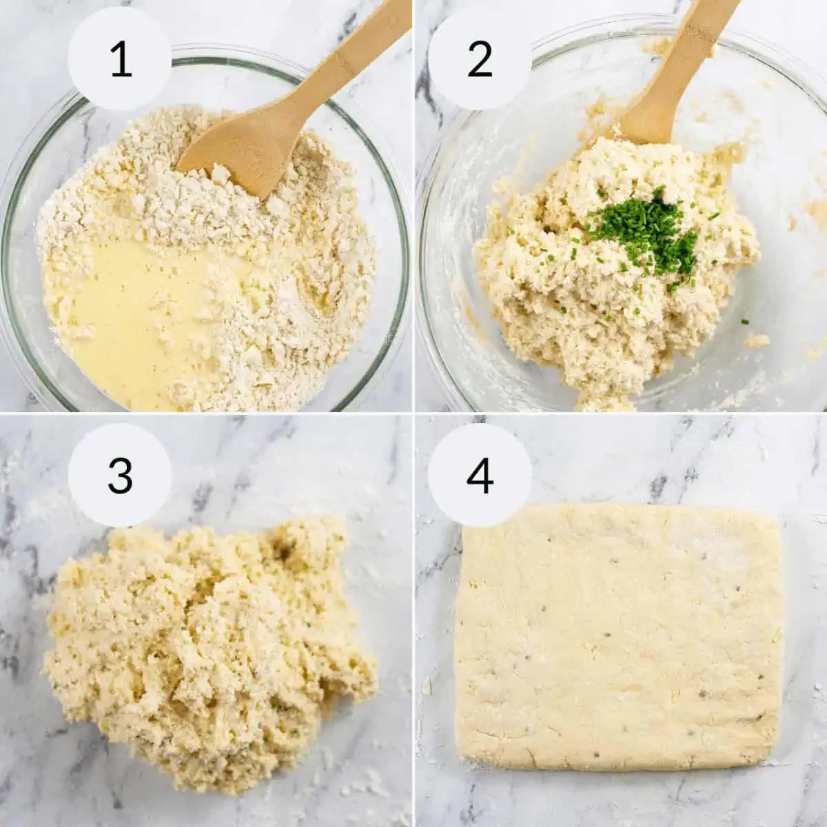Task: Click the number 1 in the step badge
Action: tap(121, 59)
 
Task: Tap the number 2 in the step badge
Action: tap(480, 59)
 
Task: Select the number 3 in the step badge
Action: tap(120, 475)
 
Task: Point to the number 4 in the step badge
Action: tap(480, 475)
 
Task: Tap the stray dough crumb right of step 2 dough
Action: tap(756, 340)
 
